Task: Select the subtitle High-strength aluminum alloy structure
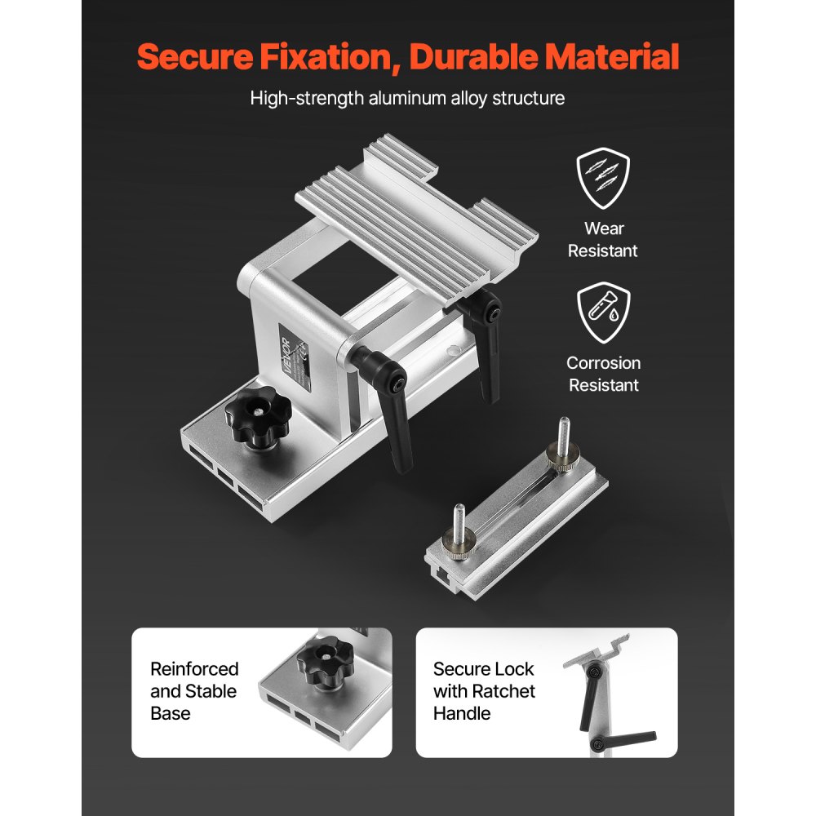tap(407, 99)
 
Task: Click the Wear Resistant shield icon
tap(603, 180)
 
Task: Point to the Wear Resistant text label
tap(604, 240)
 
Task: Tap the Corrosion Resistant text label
tap(604, 374)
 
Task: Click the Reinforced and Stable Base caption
tap(194, 691)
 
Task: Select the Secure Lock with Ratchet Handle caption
tap(484, 691)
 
